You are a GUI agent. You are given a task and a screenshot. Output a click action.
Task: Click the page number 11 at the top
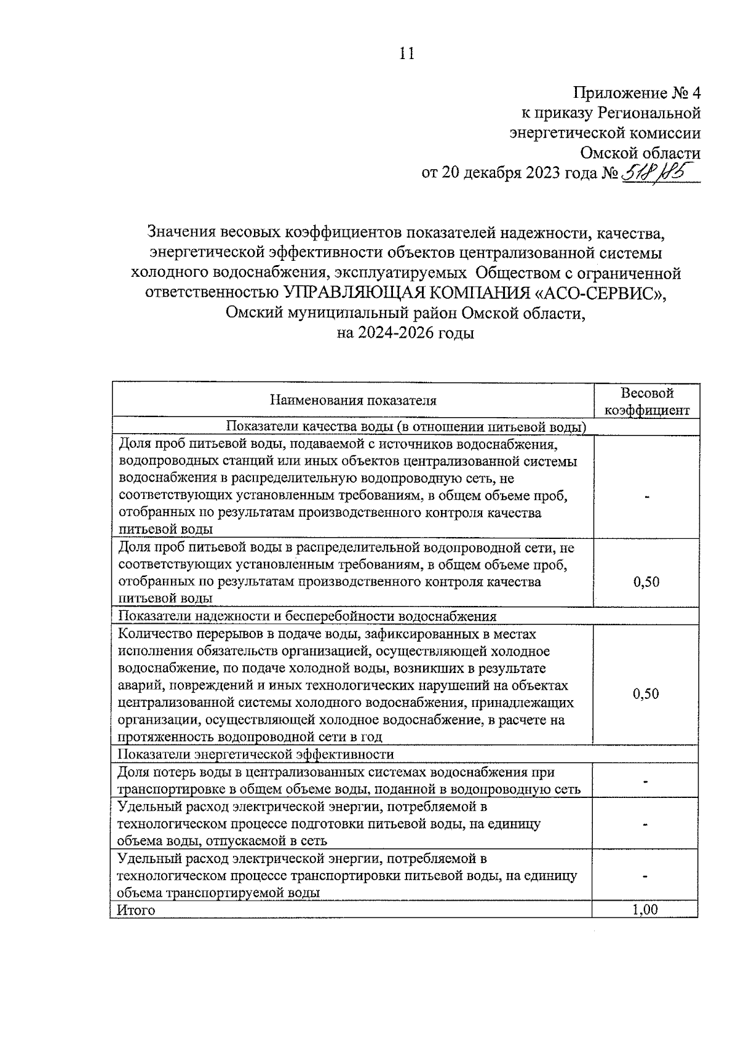pos(407,54)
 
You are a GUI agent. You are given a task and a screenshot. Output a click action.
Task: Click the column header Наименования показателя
pos(353,400)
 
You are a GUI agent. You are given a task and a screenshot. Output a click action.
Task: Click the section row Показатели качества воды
pos(406,427)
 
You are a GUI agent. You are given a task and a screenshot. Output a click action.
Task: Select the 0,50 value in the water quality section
pos(646,581)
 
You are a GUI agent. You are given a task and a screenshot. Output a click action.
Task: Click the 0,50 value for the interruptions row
pos(646,693)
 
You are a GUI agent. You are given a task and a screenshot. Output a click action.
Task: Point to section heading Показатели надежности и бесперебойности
pos(307,616)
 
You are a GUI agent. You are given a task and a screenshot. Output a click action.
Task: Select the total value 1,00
pos(645,909)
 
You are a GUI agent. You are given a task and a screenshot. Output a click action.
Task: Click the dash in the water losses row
pos(646,781)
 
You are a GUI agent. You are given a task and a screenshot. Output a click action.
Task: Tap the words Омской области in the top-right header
pos(640,153)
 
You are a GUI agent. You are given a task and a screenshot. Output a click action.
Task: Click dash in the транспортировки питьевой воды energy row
pos(646,876)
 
